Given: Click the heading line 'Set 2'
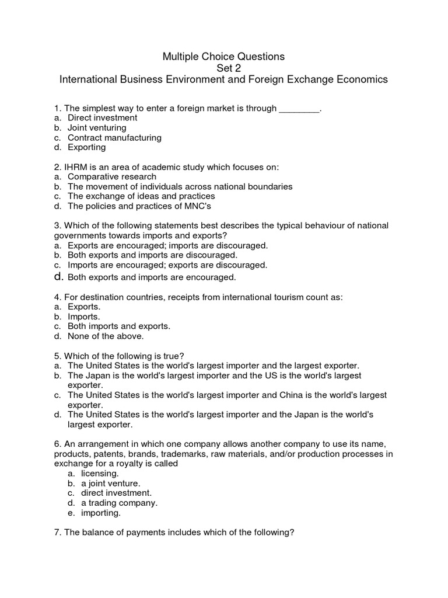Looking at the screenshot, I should [x=224, y=68].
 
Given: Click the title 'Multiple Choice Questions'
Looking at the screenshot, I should [x=223, y=57].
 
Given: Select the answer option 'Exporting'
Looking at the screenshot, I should [x=86, y=148].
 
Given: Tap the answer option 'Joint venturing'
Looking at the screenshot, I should [x=97, y=128].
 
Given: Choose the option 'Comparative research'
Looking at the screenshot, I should [x=112, y=176].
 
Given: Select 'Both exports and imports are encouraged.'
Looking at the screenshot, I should [x=152, y=277].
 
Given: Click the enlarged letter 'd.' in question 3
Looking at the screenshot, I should [x=58, y=276].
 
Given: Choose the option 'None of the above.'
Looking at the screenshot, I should [x=106, y=336].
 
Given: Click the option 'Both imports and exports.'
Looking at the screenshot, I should [x=119, y=326].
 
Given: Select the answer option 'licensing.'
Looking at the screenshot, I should [x=100, y=474].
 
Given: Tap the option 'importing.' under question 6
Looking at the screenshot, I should [x=101, y=513].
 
